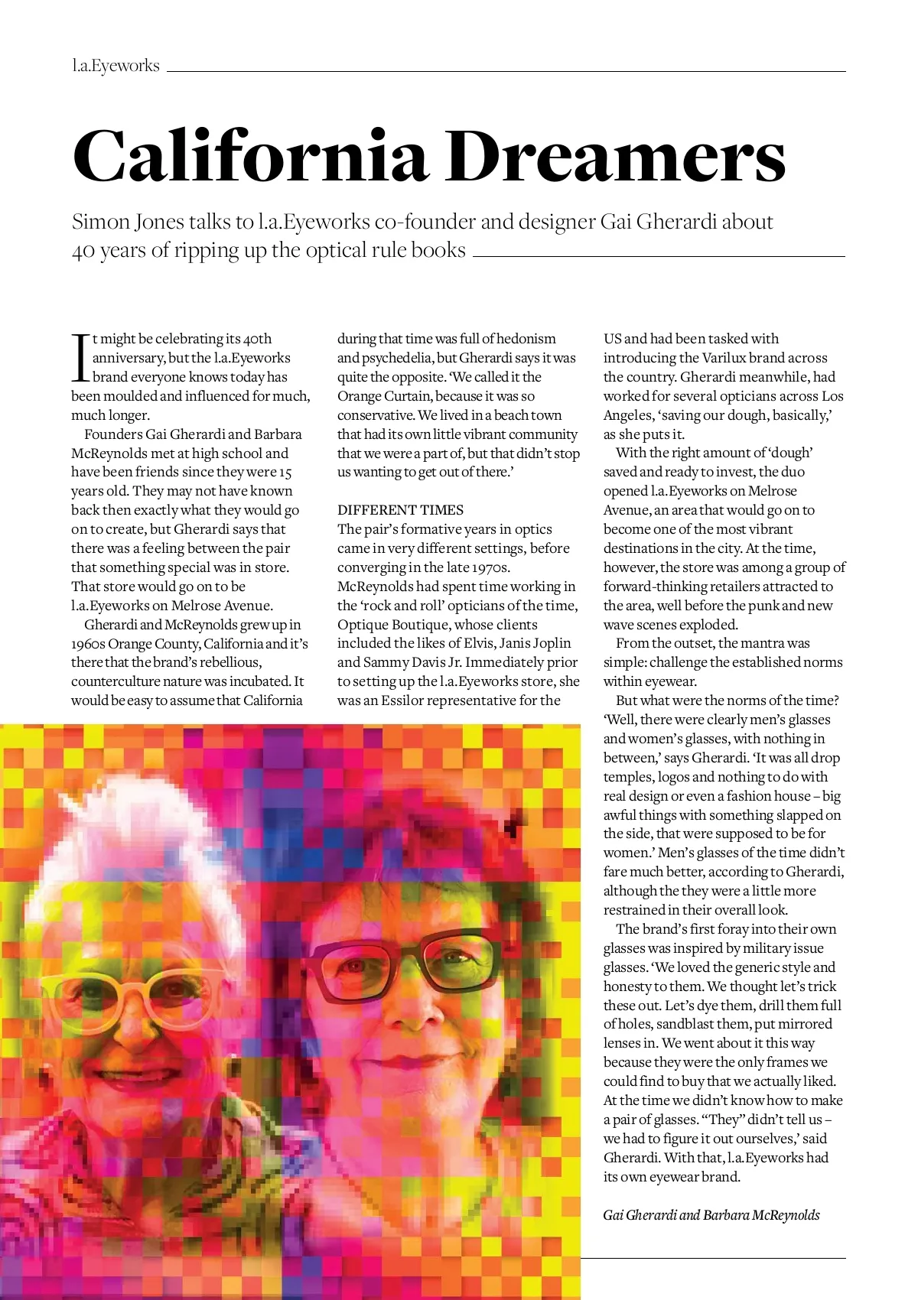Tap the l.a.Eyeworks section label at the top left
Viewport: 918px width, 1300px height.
(x=116, y=66)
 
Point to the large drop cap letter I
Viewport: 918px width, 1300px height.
(x=80, y=357)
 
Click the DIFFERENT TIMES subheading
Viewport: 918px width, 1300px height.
(x=400, y=510)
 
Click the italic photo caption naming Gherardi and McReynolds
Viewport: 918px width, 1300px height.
(x=711, y=1215)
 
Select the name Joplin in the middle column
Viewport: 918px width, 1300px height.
(x=549, y=643)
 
